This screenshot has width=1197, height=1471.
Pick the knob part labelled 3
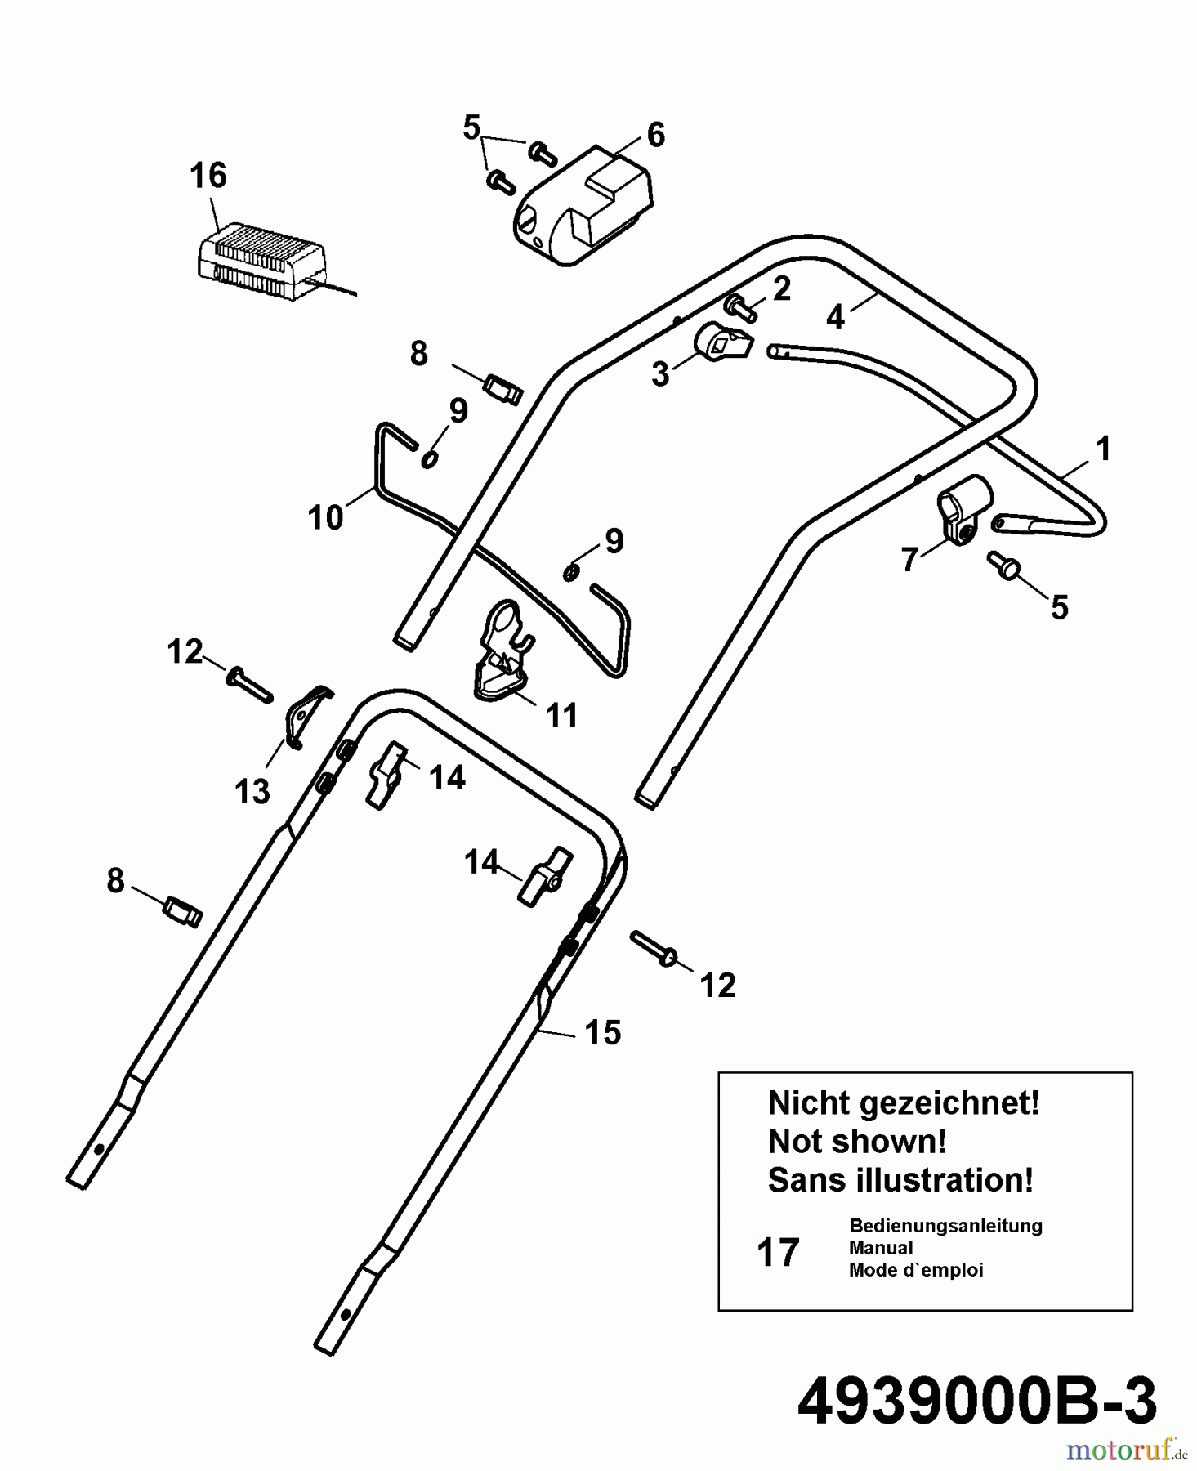720,344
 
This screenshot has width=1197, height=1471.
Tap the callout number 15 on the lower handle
603,1033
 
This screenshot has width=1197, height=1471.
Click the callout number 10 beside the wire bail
325,518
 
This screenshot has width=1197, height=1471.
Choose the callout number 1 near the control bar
1102,449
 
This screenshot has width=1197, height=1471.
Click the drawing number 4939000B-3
976,1401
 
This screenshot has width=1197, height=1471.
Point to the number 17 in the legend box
777,1253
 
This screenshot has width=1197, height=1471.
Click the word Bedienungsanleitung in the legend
945,1226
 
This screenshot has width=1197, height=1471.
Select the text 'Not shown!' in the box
857,1142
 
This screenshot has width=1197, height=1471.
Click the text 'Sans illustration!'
900,1180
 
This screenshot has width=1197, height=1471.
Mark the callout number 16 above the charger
208,176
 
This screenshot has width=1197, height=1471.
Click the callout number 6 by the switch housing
655,135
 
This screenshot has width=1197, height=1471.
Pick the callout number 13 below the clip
252,791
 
